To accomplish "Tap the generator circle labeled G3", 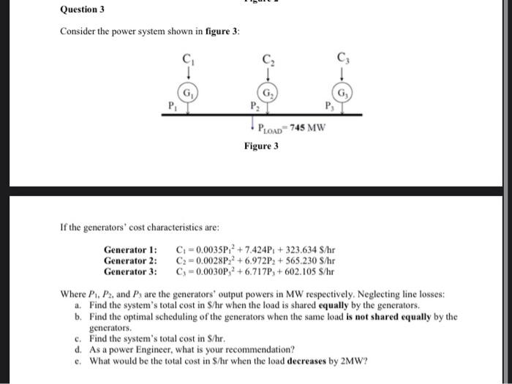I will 343,93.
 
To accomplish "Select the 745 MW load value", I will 307,129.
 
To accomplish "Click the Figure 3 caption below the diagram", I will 261,146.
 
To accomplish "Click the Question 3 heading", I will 82,10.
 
